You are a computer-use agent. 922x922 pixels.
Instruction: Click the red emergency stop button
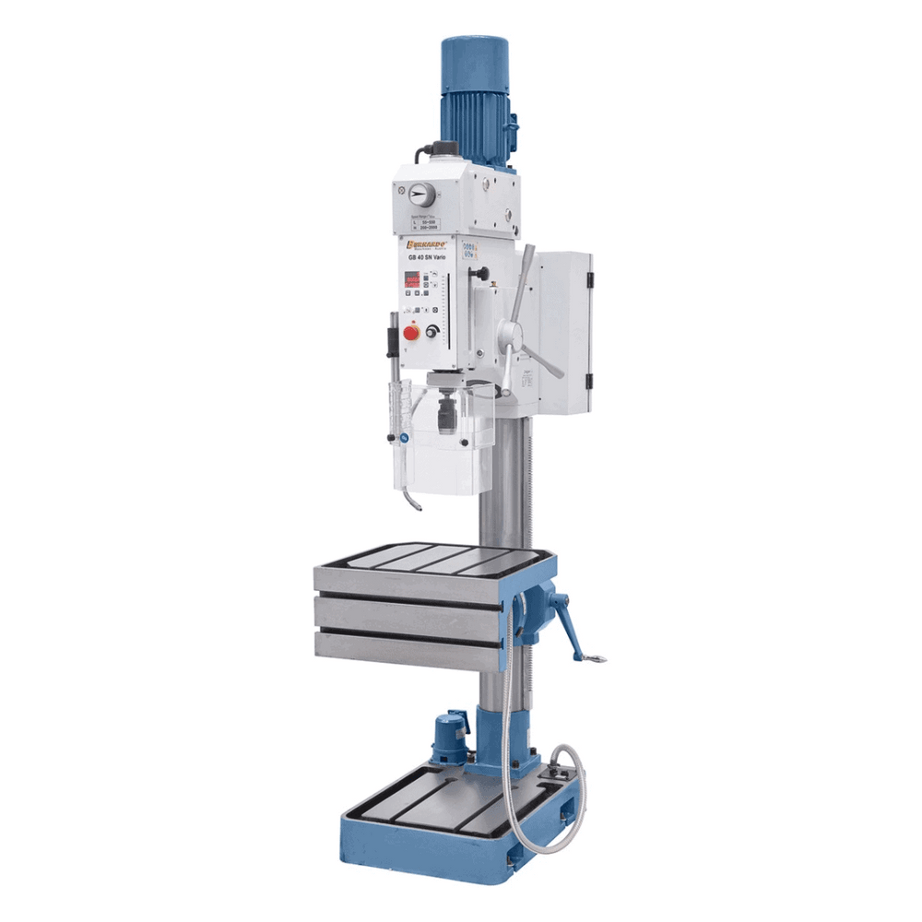410,331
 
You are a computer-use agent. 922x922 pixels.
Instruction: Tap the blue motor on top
475,97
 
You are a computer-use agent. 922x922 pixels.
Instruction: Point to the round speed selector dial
420,195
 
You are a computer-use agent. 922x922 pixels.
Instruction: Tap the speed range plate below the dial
423,224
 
